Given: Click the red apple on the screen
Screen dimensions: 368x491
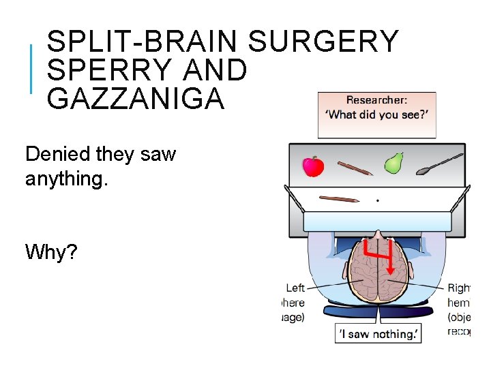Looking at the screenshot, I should coord(313,166).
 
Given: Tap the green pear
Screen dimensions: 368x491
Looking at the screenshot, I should coord(393,164).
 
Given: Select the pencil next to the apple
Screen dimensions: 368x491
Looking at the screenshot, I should coord(354,168).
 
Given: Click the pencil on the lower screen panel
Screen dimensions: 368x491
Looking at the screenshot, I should coord(339,199).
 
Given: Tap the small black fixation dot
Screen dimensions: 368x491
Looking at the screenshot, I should coord(378,201).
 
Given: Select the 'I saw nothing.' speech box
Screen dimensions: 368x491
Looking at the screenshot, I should coord(377,334).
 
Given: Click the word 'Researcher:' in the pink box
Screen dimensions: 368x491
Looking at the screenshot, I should coord(377,101).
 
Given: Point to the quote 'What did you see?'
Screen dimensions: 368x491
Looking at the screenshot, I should coord(377,115).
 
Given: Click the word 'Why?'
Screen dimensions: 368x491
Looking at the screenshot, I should coord(51,252).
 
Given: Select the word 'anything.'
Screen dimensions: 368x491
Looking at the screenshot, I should coord(67,179).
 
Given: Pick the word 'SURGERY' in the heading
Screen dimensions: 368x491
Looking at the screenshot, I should coord(323,42).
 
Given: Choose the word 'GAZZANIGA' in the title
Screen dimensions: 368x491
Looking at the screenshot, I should coord(135,99).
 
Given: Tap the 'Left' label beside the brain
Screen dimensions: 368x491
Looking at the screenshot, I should coord(295,288).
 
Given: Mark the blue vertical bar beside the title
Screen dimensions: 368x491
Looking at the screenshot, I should coord(31,68).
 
